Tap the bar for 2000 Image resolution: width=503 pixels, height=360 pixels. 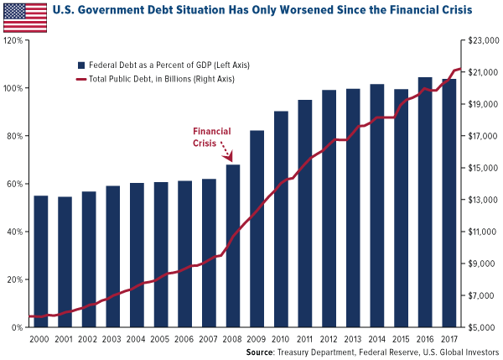pyautogui.click(x=40, y=261)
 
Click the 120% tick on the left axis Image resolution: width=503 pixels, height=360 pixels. pyautogui.click(x=16, y=40)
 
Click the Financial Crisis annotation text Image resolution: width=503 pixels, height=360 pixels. pyautogui.click(x=212, y=136)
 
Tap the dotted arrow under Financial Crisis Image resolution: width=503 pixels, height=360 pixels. pyautogui.click(x=225, y=152)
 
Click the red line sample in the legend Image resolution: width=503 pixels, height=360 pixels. pyautogui.click(x=81, y=79)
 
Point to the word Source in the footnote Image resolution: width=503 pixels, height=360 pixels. pyautogui.click(x=263, y=352)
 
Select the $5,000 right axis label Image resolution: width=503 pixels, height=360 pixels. pyautogui.click(x=474, y=327)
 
